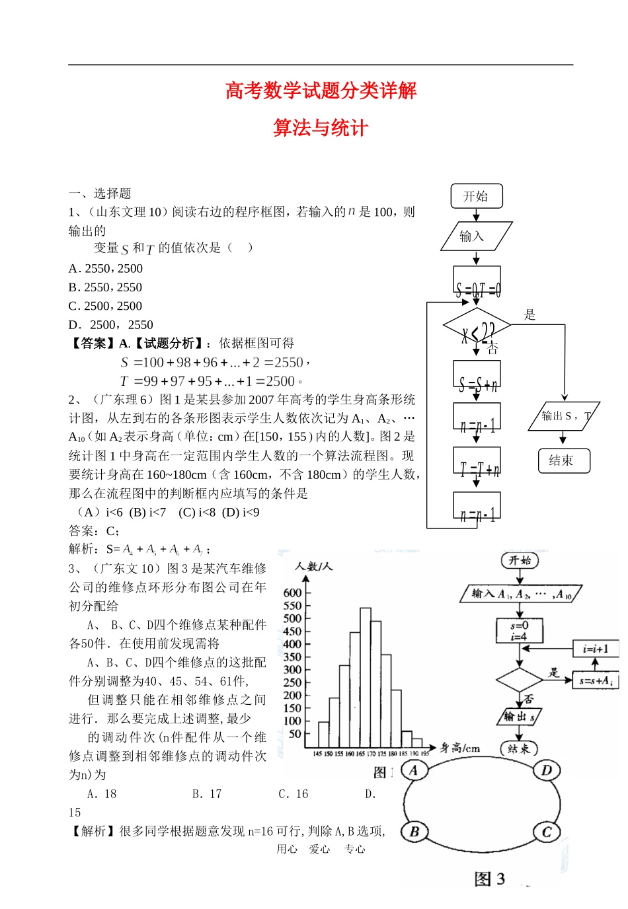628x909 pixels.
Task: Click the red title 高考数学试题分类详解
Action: [321, 91]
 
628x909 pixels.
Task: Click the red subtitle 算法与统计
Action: [321, 127]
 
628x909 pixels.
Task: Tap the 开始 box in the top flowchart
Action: [476, 196]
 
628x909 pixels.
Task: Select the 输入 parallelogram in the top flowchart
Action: [476, 236]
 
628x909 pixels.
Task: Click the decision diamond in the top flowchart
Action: [477, 326]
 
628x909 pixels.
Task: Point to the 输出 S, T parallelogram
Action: [564, 416]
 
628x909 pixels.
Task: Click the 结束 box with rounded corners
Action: [564, 460]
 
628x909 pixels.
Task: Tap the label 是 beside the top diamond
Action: [530, 315]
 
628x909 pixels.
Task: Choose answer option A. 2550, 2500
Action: [106, 268]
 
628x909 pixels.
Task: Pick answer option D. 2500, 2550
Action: [111, 324]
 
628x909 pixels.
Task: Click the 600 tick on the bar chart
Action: [292, 593]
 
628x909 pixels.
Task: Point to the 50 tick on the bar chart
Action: [295, 733]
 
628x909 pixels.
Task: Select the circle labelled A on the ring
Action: [414, 770]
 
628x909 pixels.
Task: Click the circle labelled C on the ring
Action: [547, 832]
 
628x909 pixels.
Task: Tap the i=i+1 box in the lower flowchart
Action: [595, 649]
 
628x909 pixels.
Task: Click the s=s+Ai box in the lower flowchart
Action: [595, 680]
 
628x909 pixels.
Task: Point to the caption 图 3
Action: [489, 879]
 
